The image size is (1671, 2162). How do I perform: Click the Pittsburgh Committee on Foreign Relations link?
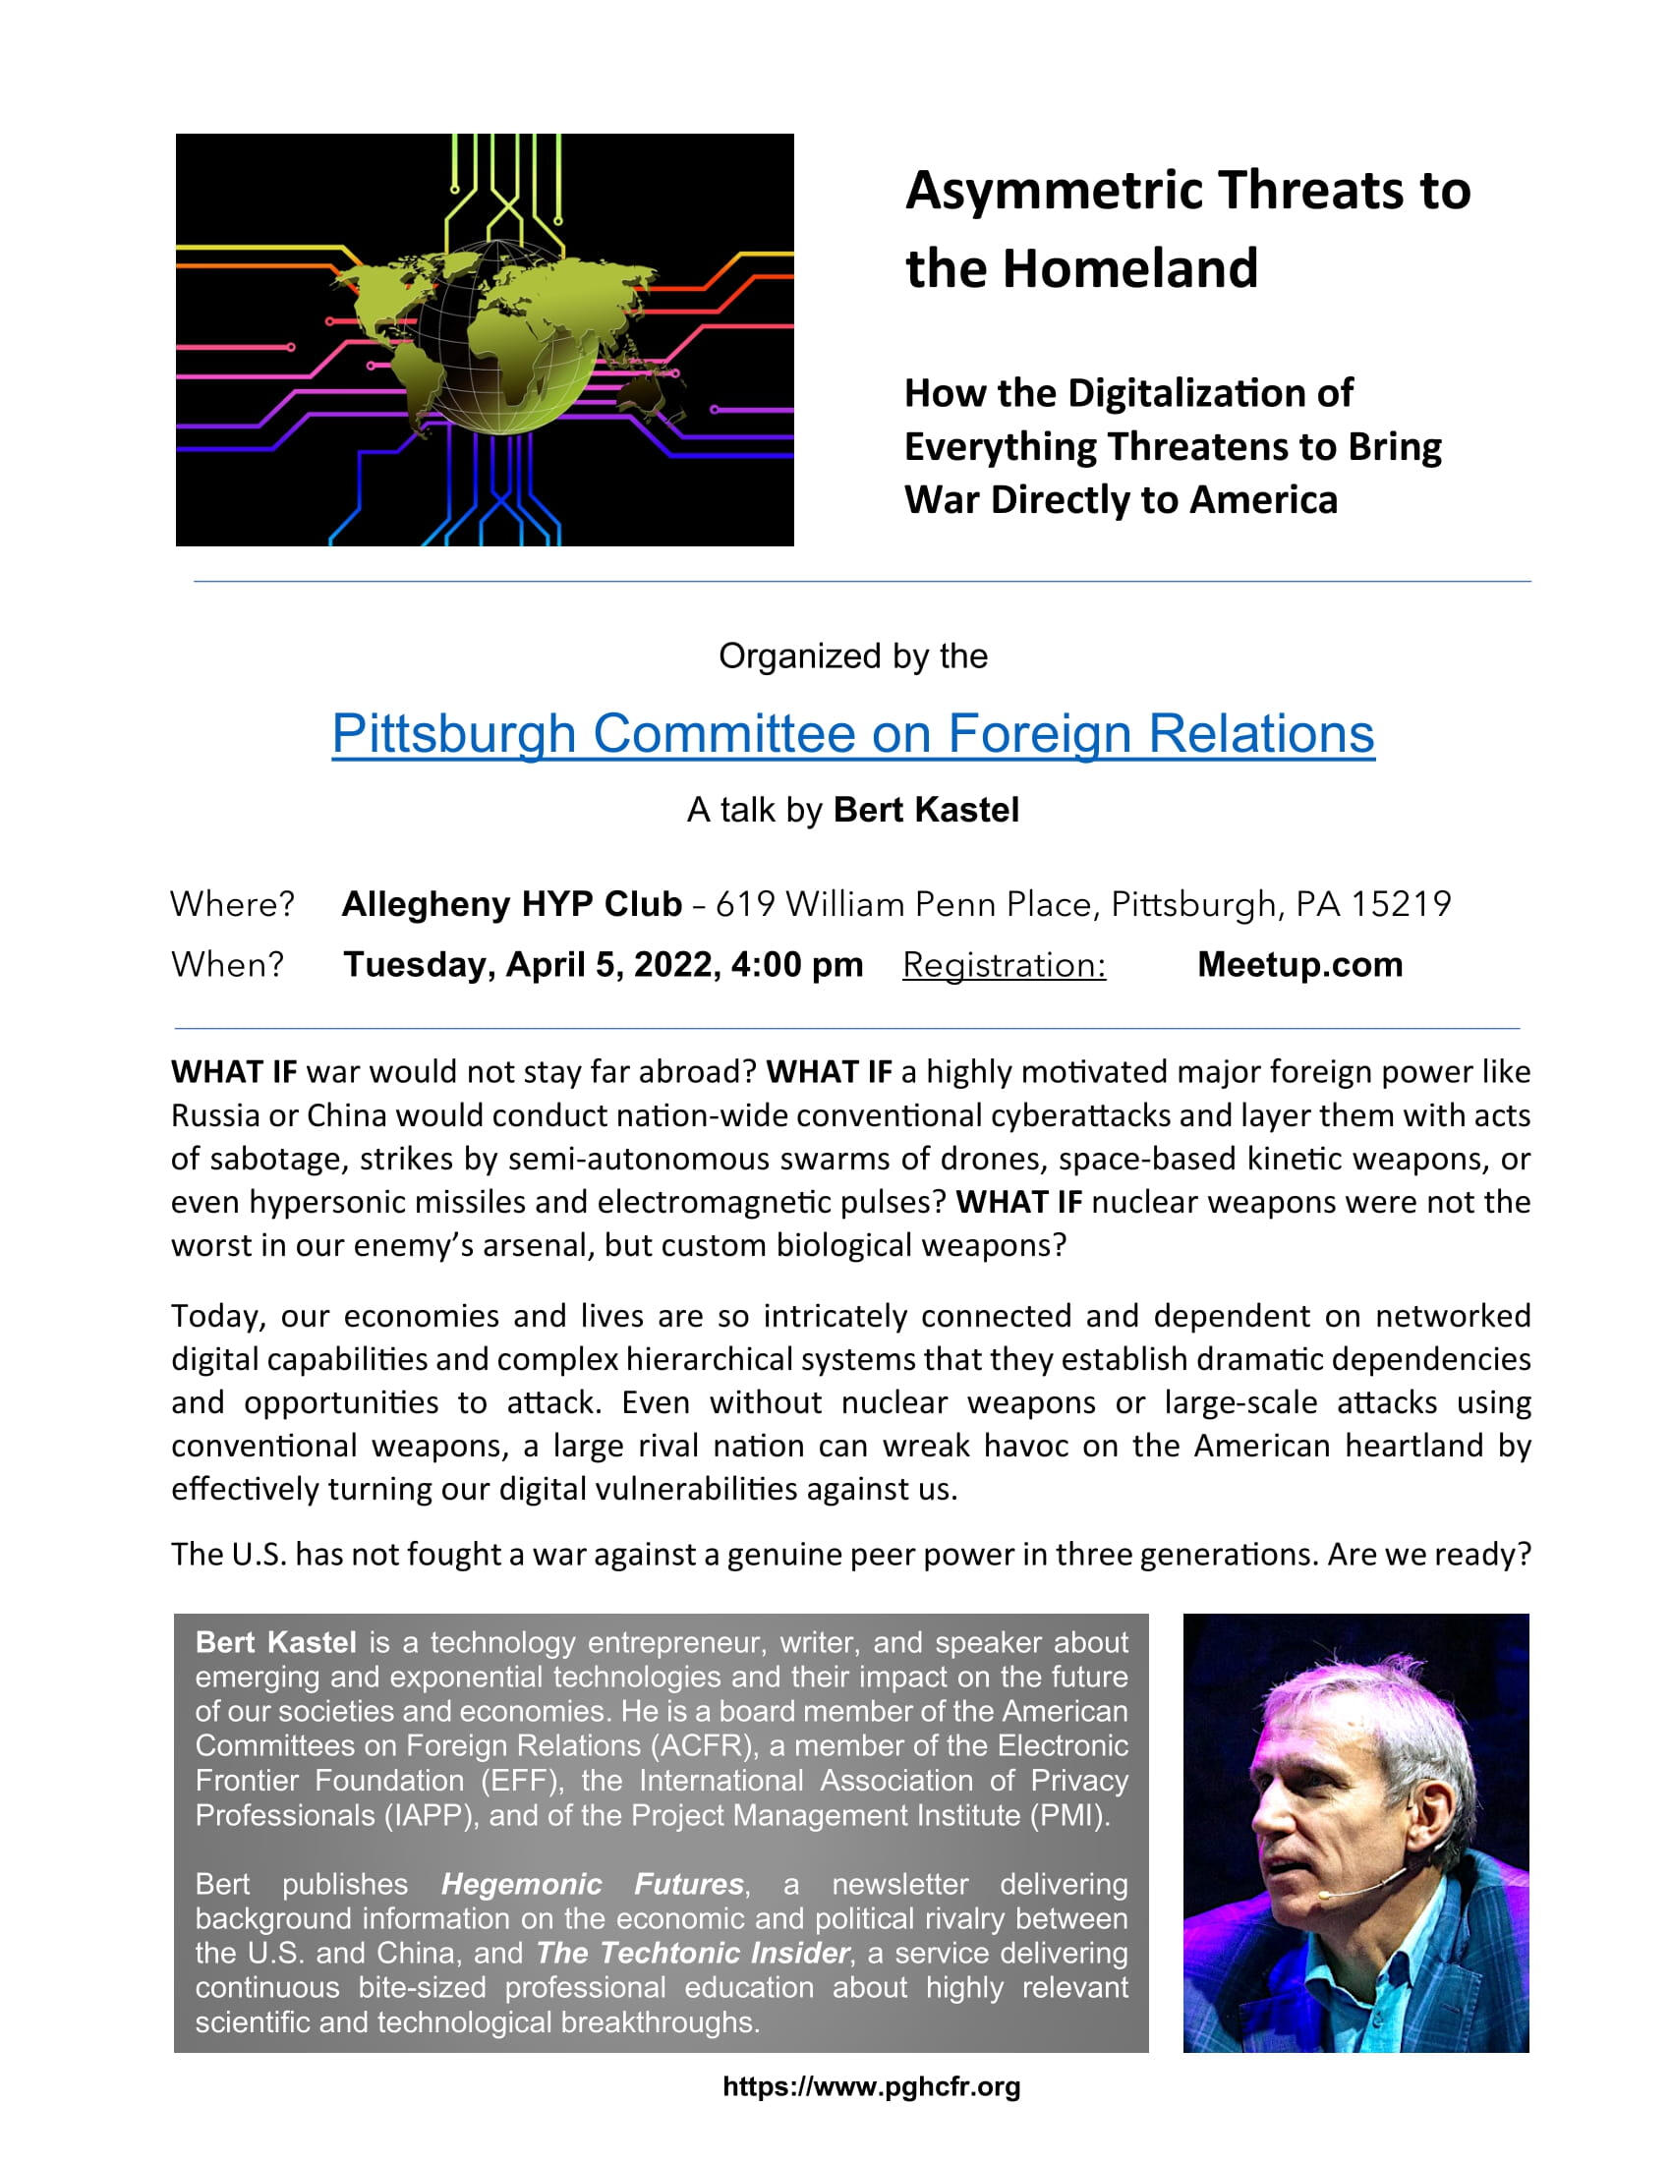(852, 734)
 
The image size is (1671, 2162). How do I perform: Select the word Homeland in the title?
(1129, 268)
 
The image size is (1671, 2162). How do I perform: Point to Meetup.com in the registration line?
(1299, 964)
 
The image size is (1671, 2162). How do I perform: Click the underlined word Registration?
(1004, 965)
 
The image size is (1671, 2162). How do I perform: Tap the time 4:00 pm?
(797, 964)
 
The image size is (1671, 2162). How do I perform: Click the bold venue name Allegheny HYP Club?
(511, 904)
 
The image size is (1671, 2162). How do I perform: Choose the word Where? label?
(233, 904)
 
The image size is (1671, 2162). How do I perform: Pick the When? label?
(228, 964)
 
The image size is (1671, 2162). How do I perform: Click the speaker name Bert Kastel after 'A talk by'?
(926, 810)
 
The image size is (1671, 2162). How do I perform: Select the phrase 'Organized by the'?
(852, 656)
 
